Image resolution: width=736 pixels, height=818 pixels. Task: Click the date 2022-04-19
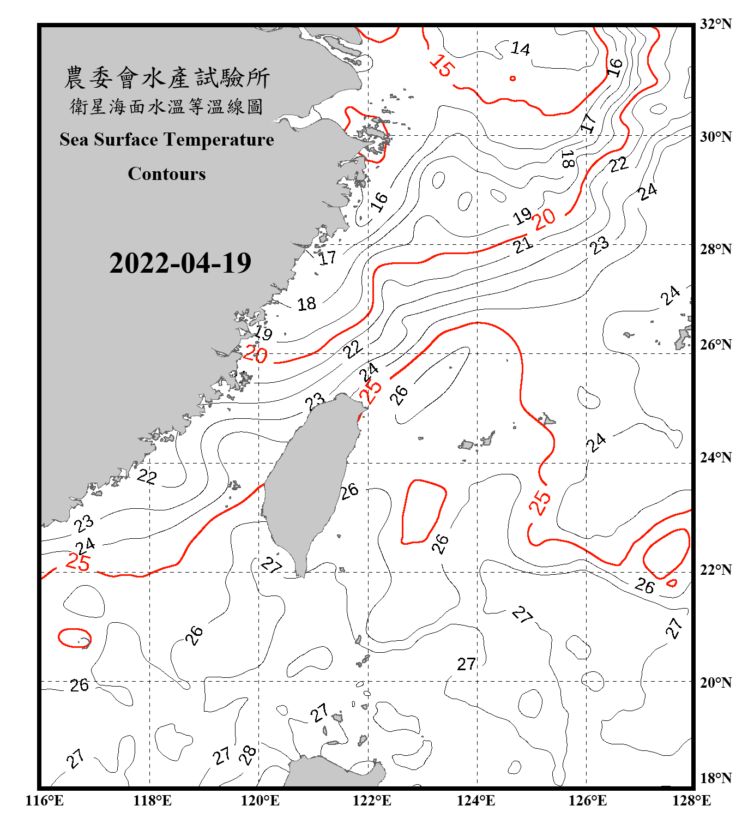pos(180,263)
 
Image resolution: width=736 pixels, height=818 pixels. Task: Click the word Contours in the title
pos(167,174)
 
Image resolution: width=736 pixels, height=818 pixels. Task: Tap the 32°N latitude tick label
pos(715,24)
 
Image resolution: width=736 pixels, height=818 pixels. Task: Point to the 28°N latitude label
pos(715,249)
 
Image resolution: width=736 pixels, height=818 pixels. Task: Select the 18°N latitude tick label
pos(715,778)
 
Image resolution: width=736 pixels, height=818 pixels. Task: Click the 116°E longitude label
pos(45,801)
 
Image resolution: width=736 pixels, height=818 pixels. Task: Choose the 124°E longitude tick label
pos(476,801)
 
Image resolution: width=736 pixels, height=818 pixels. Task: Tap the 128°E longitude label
pos(691,801)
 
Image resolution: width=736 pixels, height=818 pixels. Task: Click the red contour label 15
pos(441,65)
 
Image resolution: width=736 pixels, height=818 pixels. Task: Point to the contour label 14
pos(520,49)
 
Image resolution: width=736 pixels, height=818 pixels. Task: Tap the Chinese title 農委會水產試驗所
pos(167,78)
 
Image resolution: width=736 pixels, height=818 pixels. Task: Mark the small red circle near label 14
pos(512,79)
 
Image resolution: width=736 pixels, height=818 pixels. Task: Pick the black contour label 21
pos(523,245)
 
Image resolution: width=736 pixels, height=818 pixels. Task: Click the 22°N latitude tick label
pos(715,570)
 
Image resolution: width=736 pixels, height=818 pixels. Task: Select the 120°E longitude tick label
pos(260,801)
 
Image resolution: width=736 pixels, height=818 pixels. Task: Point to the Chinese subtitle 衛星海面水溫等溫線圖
pos(167,106)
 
